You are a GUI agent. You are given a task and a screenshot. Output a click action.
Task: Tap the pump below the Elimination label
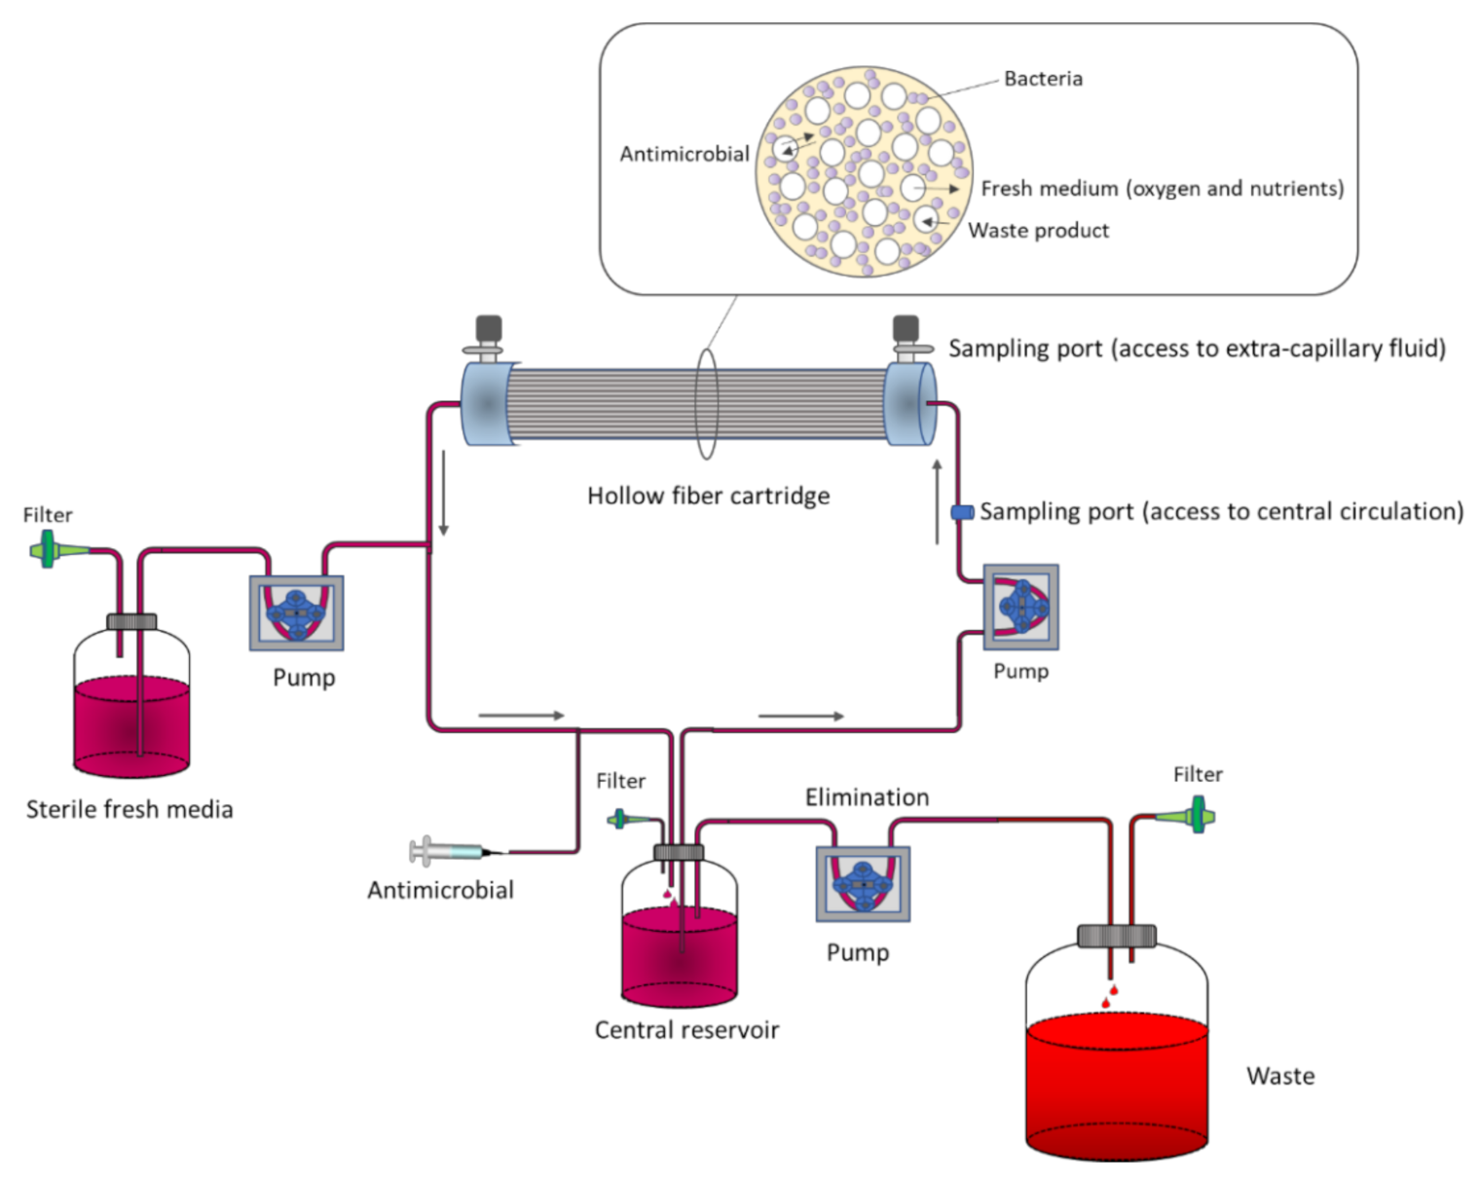coord(863,883)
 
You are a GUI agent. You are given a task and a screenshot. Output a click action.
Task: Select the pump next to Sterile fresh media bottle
coord(297,613)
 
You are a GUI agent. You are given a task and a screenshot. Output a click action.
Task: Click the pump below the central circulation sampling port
coord(1020,607)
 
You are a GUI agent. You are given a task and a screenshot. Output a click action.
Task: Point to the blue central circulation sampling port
coord(962,512)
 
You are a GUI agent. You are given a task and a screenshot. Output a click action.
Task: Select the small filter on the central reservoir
coord(619,820)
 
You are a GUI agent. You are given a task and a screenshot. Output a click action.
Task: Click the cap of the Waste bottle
coord(1116,936)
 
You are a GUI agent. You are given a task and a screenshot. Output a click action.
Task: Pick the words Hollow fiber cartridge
coord(708,496)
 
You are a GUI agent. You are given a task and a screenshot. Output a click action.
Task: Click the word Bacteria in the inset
coord(1043,79)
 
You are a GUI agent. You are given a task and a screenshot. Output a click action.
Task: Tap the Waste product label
coord(1038,231)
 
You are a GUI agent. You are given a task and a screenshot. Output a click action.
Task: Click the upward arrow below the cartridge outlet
coord(938,501)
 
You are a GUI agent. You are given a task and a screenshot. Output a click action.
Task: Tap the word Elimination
coord(867,797)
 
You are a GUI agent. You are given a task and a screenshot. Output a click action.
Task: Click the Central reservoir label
coord(686,1030)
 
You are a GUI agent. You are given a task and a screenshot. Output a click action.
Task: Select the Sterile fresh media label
coord(129,809)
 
